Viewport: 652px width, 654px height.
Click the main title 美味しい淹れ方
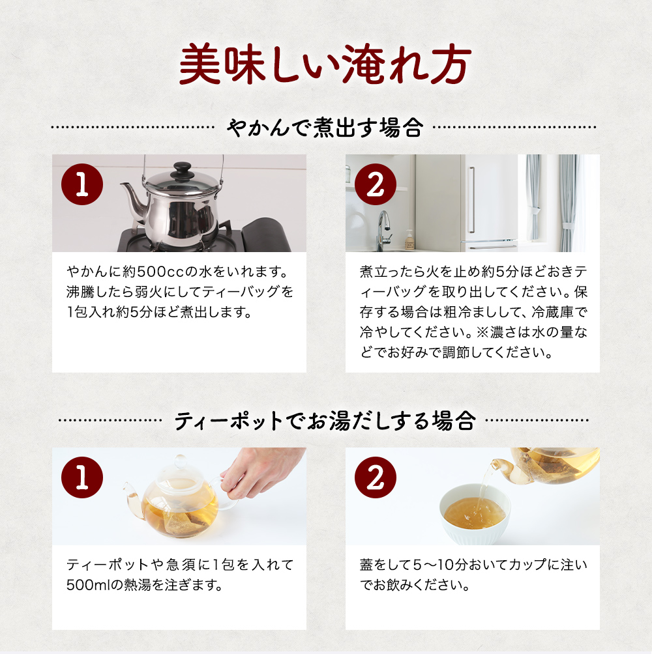(325, 64)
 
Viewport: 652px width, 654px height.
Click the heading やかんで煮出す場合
(325, 128)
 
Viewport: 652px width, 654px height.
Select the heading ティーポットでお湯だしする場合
(325, 420)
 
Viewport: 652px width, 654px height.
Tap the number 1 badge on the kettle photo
(82, 184)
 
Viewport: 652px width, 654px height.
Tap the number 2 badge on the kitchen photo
(376, 184)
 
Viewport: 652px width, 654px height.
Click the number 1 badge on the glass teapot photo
(82, 477)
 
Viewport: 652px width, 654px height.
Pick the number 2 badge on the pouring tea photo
(376, 477)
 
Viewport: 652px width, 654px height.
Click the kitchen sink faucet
(383, 230)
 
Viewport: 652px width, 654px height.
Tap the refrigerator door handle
(471, 199)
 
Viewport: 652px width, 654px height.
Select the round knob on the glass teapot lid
(181, 462)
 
